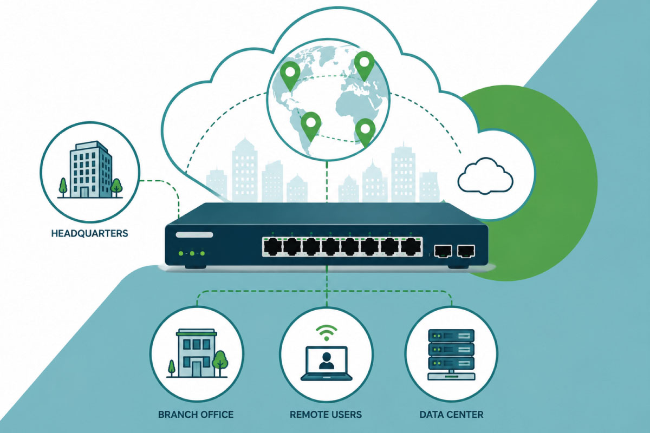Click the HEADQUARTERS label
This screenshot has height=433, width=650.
click(x=90, y=233)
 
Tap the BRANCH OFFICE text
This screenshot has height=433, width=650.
click(x=196, y=415)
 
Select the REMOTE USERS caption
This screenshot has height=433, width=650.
click(x=326, y=415)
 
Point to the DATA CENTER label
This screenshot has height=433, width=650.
click(x=452, y=415)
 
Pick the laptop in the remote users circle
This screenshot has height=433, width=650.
click(x=327, y=363)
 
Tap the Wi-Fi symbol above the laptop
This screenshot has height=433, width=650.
click(x=327, y=333)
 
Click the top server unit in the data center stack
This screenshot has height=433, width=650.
click(x=452, y=336)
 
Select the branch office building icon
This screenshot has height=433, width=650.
click(x=197, y=353)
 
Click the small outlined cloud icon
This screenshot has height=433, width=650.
click(x=485, y=176)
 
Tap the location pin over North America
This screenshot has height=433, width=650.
click(x=290, y=75)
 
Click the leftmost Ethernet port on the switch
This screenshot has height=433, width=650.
click(x=273, y=247)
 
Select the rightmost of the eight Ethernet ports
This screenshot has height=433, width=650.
click(x=411, y=247)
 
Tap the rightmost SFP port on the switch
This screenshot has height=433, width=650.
click(x=466, y=251)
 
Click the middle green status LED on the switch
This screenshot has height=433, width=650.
click(x=192, y=253)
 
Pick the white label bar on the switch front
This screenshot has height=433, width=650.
click(x=194, y=234)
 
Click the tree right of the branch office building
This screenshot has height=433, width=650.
click(x=220, y=363)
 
